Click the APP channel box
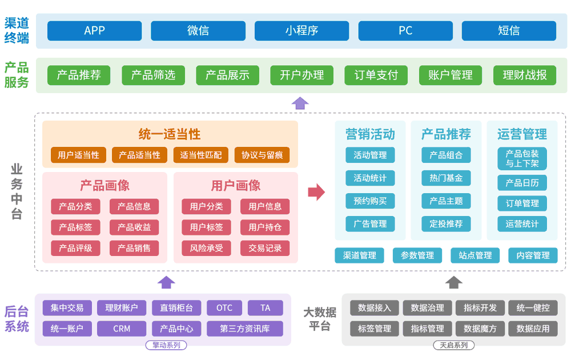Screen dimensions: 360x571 [94, 31]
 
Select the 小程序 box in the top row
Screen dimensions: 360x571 [301, 31]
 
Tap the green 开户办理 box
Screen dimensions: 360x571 [301, 75]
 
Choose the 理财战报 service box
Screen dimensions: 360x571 [524, 75]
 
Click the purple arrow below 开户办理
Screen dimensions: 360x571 [300, 103]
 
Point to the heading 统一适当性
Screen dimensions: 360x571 [170, 134]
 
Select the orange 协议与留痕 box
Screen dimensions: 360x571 [262, 155]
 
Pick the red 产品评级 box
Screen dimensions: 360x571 [75, 248]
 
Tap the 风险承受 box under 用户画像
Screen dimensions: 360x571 [206, 248]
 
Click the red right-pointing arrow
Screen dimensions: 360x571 [316, 192]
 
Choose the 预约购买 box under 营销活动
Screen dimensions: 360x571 [370, 201]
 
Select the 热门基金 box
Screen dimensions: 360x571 [446, 178]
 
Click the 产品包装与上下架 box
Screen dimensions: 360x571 [522, 158]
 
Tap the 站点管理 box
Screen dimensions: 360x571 [475, 255]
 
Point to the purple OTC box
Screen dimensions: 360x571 [224, 308]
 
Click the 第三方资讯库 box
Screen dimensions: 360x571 [244, 329]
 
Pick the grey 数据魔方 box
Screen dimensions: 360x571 [480, 329]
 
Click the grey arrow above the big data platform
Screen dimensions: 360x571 [454, 282]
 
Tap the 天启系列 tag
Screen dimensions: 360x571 [453, 345]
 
